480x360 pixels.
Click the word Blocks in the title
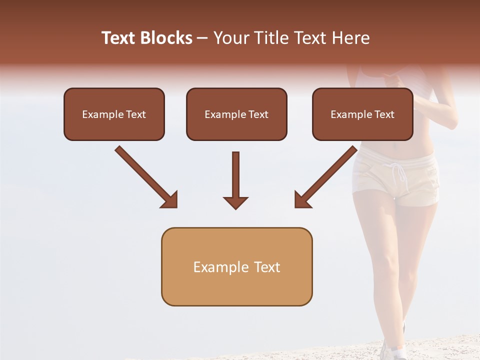[167, 38]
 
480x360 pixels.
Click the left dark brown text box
[114, 114]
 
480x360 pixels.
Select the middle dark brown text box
[236, 114]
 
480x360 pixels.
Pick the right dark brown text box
[362, 114]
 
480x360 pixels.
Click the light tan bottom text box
[236, 266]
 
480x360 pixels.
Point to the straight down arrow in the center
[235, 175]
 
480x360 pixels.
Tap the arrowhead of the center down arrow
[235, 202]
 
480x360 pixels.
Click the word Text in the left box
[136, 114]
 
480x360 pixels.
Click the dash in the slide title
[202, 38]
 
